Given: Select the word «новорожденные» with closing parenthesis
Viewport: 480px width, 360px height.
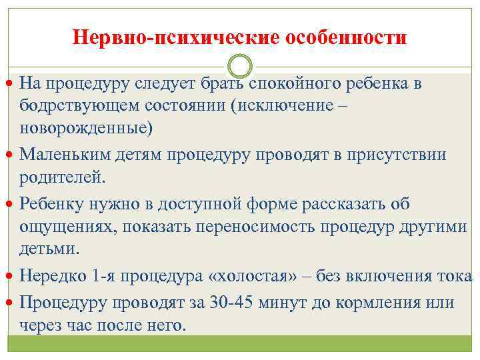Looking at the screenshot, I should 86,127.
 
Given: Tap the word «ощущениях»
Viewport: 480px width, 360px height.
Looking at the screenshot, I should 59,226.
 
